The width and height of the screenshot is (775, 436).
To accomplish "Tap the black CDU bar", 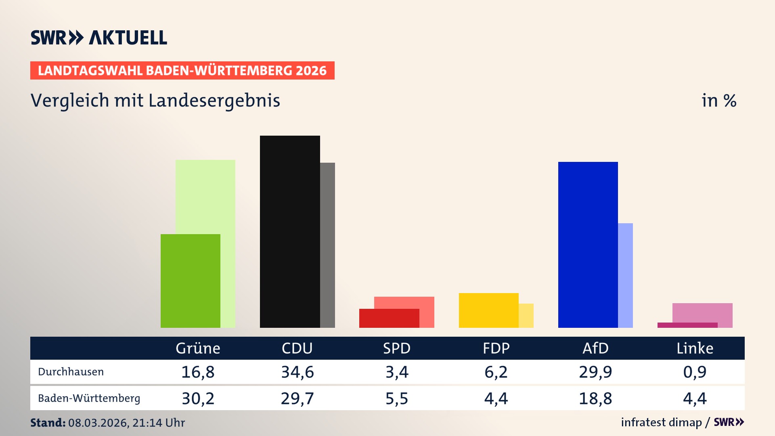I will click(x=290, y=231).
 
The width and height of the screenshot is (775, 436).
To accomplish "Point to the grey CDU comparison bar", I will click(x=327, y=245).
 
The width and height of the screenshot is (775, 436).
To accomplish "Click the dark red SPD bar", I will click(x=389, y=318).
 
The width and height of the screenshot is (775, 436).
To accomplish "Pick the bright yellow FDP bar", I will click(x=488, y=310).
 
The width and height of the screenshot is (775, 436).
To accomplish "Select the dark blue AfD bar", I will click(x=588, y=245).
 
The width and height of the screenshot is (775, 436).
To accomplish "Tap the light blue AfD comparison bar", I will click(x=625, y=275).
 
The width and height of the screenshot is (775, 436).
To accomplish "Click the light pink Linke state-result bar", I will click(x=702, y=312).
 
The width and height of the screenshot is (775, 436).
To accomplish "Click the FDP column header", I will click(x=496, y=348).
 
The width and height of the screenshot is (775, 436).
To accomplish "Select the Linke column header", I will click(x=695, y=348).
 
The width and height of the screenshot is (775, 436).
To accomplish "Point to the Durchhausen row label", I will click(x=71, y=372).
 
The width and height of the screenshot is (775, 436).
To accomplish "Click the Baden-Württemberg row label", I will click(x=89, y=398).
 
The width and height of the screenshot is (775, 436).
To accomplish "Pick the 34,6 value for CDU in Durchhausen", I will click(x=297, y=372).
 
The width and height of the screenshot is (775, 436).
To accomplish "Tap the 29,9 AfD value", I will click(x=595, y=372).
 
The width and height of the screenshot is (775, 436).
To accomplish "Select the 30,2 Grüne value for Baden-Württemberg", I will click(x=198, y=398).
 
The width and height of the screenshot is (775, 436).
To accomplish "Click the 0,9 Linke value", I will click(x=695, y=372).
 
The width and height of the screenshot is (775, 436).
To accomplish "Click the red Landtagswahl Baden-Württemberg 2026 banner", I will click(x=182, y=71).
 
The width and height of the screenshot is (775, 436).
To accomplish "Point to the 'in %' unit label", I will click(x=718, y=101).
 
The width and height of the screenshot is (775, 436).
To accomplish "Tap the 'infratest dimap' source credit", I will click(x=661, y=422).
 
